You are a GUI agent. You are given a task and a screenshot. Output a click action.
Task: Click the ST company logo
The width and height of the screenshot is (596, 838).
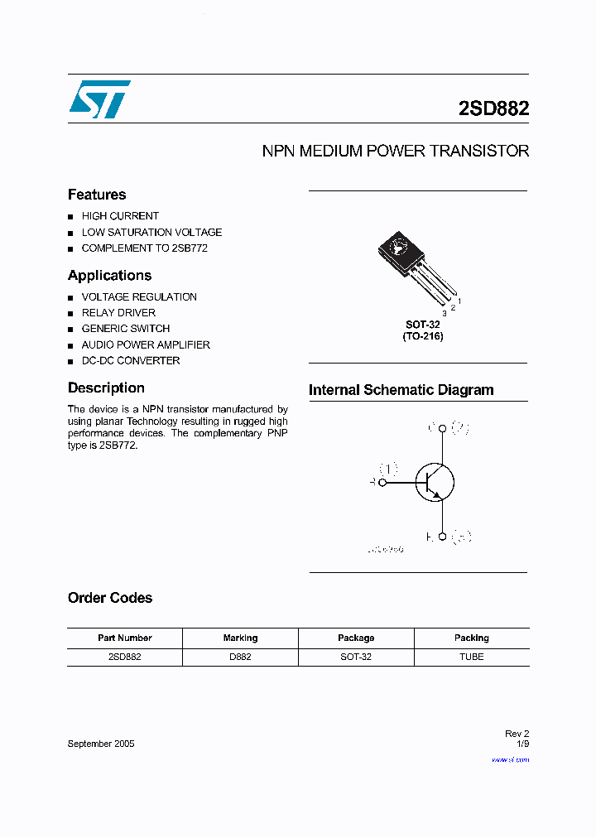[99, 99]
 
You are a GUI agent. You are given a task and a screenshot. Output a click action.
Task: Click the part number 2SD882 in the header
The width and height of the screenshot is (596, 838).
[493, 108]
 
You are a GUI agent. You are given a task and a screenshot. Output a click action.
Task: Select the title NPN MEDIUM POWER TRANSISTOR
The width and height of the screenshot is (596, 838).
[395, 152]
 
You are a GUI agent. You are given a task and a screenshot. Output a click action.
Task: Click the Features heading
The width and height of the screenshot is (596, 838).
[97, 195]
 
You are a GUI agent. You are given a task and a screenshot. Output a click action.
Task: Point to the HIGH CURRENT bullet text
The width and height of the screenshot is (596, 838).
[120, 216]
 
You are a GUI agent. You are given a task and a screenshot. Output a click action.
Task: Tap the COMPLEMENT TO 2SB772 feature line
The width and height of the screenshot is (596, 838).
[144, 248]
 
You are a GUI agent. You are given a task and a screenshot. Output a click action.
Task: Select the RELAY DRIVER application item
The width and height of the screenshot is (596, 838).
[118, 313]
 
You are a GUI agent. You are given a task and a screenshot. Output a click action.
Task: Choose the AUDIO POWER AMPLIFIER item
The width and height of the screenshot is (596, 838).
[146, 344]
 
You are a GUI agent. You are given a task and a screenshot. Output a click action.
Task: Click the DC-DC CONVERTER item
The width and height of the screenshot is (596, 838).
[131, 361]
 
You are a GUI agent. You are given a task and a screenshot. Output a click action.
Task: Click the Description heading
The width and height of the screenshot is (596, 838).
[106, 388]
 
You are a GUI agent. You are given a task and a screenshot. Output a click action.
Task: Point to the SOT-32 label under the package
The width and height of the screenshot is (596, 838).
[422, 325]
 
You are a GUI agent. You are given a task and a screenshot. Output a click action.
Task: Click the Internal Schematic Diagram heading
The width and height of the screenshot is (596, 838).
[401, 390]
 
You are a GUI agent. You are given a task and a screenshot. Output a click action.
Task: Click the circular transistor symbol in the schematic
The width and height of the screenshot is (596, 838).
[435, 482]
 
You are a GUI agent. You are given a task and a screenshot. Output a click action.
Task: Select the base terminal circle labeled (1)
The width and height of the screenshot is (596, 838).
[382, 482]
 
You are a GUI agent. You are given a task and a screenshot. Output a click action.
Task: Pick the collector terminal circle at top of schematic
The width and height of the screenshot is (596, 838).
[442, 428]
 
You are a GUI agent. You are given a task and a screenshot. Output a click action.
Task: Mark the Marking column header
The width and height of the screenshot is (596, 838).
[240, 638]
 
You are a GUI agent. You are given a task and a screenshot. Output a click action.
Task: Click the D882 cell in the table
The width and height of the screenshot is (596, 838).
[240, 657]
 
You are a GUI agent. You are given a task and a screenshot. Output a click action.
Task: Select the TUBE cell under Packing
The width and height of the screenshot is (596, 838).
[471, 657]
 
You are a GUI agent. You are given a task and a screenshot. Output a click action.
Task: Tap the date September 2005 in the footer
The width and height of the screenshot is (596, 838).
[101, 744]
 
